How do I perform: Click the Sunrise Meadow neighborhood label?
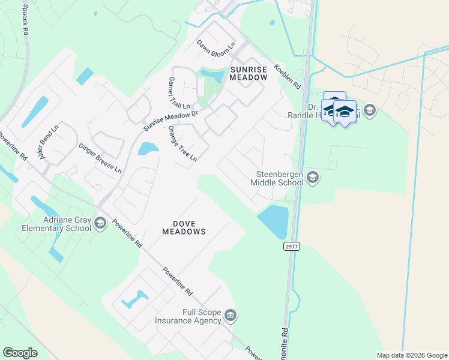249,73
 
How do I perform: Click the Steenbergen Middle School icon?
312,177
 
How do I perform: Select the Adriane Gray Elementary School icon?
100,224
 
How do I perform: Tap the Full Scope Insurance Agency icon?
231,316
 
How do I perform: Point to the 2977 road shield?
291,245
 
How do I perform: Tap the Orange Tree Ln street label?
182,143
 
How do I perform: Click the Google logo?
20,353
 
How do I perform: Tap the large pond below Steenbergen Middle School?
274,220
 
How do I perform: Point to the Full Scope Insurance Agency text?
189,316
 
